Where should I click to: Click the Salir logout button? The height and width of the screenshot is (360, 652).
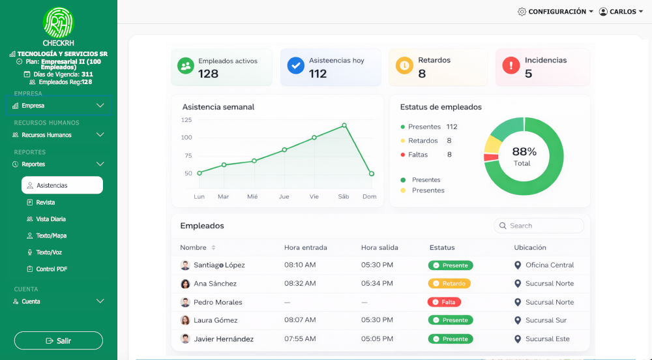59,340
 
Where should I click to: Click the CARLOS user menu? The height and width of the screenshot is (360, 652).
621,12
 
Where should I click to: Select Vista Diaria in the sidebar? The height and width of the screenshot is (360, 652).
51,219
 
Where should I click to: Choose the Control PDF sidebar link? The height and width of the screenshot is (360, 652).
52,269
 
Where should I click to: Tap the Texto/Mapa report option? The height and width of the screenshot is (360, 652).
51,235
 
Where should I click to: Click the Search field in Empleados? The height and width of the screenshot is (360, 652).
539,226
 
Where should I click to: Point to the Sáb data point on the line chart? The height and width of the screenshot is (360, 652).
344,125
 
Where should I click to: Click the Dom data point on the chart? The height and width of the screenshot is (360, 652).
371,173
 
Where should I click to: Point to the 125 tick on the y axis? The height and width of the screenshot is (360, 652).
186,120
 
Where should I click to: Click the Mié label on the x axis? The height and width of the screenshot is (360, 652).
252,196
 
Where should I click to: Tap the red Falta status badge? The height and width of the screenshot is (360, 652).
444,302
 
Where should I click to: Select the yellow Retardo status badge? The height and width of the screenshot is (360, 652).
449,284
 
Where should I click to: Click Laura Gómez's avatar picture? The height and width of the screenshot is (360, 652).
185,320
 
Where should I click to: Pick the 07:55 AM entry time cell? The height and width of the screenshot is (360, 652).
300,339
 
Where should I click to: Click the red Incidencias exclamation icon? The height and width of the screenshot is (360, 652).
511,65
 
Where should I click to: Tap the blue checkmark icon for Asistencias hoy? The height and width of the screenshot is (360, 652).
296,65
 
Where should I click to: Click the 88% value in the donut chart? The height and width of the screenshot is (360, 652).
524,152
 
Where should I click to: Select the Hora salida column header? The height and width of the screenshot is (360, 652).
379,248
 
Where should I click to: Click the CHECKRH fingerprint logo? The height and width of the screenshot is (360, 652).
59,22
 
